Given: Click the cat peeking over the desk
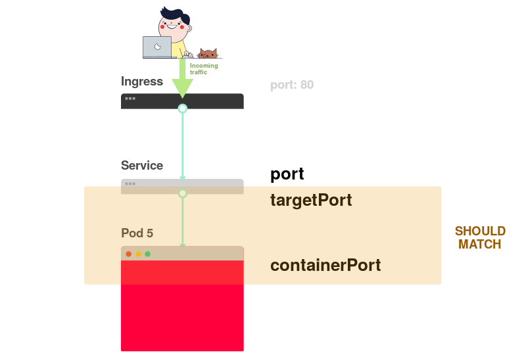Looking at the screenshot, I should [208, 54].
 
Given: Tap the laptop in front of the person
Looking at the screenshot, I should [157, 47].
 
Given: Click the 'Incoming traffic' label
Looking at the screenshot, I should [203, 68].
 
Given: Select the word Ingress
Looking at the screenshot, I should [142, 82].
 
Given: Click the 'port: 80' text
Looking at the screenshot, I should [292, 85].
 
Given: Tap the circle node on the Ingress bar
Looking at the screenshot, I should [183, 108].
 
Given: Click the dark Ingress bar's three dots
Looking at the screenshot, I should [130, 99].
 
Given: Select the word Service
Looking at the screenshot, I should [142, 165].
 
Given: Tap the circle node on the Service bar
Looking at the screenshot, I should [183, 193].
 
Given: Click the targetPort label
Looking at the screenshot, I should [311, 200].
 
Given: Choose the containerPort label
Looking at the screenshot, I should [325, 266].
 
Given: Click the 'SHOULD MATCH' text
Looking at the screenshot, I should [480, 237].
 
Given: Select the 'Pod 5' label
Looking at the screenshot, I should [137, 233].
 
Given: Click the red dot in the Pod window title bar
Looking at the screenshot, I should [129, 254].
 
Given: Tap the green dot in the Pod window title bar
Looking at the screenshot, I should [147, 254].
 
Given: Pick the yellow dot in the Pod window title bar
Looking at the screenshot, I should [138, 254].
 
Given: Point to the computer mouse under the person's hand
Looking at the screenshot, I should [189, 56].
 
